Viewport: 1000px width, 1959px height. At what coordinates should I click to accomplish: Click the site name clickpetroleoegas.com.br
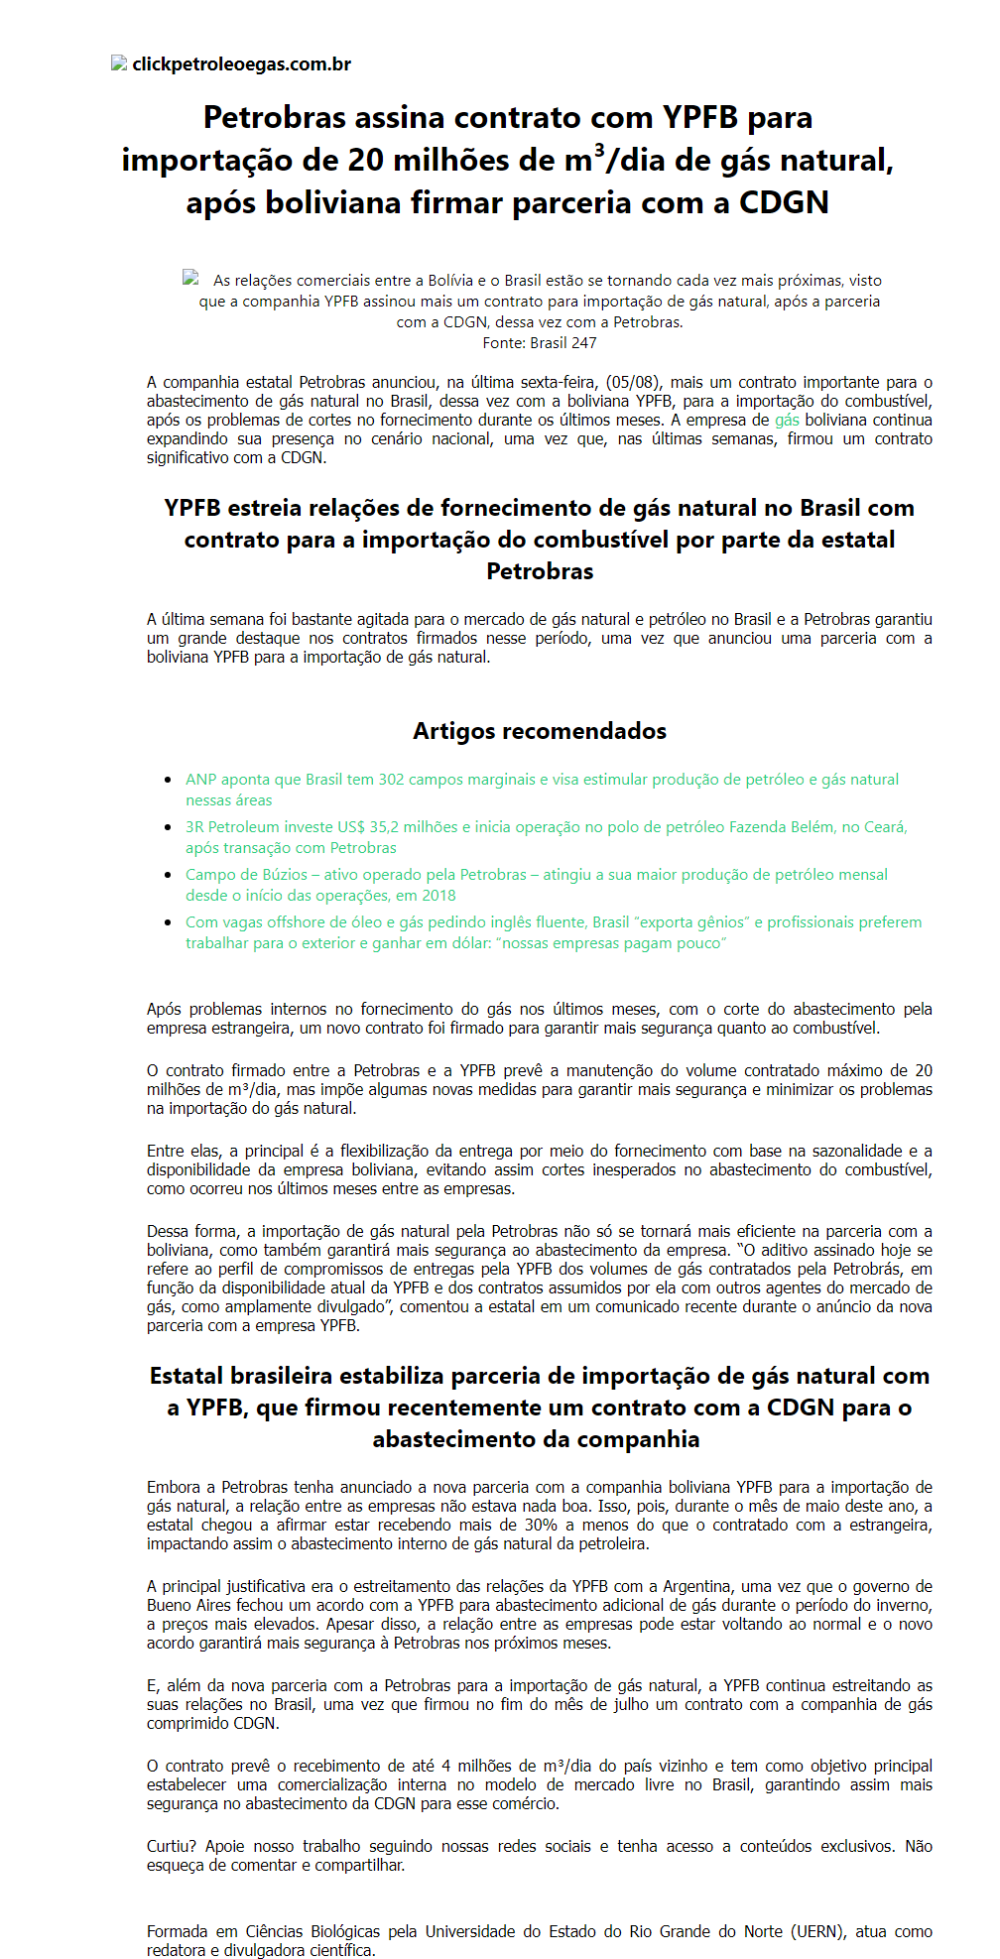click(x=241, y=64)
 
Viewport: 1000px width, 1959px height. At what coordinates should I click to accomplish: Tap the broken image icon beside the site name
click(x=119, y=63)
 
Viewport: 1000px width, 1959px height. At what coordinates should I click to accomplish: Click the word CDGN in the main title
click(x=784, y=202)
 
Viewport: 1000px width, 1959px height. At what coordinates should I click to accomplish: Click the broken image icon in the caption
click(x=190, y=279)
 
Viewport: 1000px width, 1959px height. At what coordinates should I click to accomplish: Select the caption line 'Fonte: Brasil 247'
click(x=539, y=343)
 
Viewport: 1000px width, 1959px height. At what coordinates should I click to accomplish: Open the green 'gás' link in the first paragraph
click(x=787, y=421)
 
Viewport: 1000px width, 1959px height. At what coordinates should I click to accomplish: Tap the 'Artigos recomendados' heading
click(x=539, y=731)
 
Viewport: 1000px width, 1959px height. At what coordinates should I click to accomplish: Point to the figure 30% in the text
click(x=541, y=1526)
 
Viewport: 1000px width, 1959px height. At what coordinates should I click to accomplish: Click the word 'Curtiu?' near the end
click(x=171, y=1847)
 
